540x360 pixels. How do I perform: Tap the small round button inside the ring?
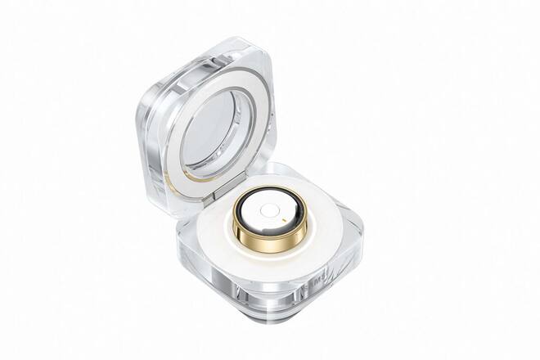[x=268, y=209]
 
